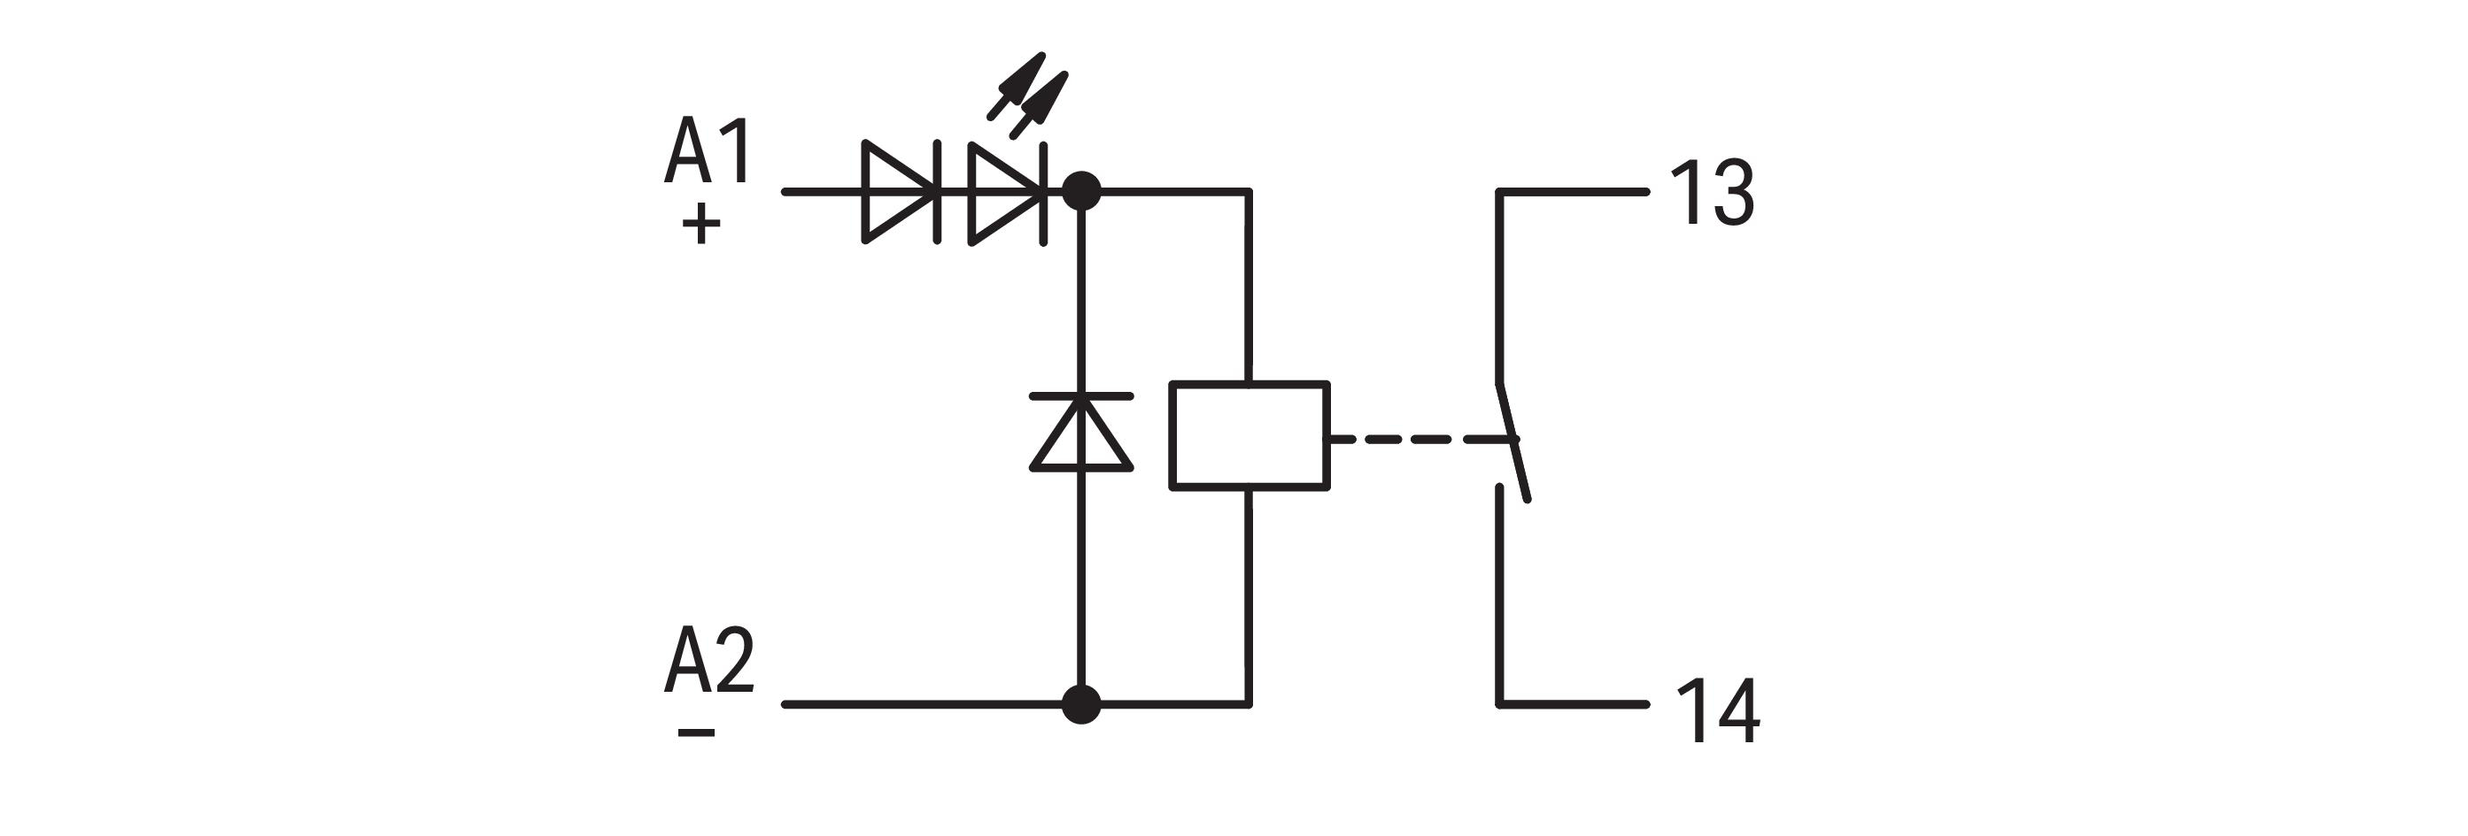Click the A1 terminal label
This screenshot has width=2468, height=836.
coord(708,151)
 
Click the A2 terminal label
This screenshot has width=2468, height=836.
coord(709,660)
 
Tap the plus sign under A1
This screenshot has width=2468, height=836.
coord(701,224)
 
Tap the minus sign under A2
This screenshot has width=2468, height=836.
coord(697,733)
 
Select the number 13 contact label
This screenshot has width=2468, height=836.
coord(1712,194)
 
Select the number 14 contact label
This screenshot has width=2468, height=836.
coord(1718,710)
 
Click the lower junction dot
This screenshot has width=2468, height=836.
coord(1081,705)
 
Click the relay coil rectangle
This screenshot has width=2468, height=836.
coord(1249,436)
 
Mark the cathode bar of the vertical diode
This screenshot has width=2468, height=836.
coord(1081,395)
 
